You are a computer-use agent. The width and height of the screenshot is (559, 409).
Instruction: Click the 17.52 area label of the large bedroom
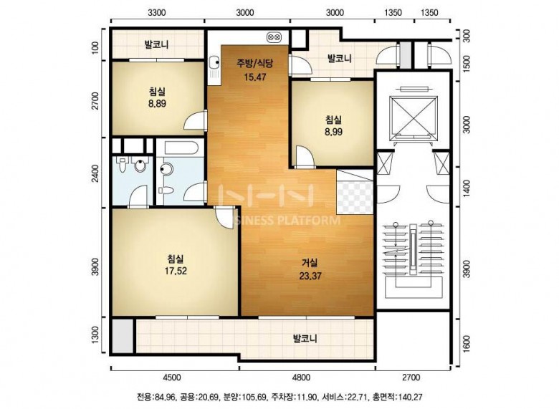[176, 271]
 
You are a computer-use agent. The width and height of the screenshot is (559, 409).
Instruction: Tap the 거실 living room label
[310, 263]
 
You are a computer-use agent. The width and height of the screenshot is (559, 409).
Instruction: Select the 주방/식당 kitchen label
[255, 64]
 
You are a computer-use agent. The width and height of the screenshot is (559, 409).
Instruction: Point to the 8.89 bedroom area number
[157, 104]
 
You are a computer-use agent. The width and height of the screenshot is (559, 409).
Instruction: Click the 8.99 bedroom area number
[333, 132]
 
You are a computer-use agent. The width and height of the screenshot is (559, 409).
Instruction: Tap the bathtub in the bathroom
[181, 148]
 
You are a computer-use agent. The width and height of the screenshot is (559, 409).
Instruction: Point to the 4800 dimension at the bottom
[301, 377]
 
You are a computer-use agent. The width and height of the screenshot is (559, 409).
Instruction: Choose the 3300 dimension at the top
[156, 13]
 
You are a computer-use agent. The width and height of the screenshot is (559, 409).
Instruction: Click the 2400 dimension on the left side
[95, 173]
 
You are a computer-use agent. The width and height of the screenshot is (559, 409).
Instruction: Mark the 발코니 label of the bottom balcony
[305, 338]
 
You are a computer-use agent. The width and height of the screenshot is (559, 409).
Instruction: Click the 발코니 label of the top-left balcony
[156, 45]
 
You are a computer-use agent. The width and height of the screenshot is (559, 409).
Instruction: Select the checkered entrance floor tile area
[355, 198]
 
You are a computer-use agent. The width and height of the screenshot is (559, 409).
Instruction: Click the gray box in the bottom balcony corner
[123, 336]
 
